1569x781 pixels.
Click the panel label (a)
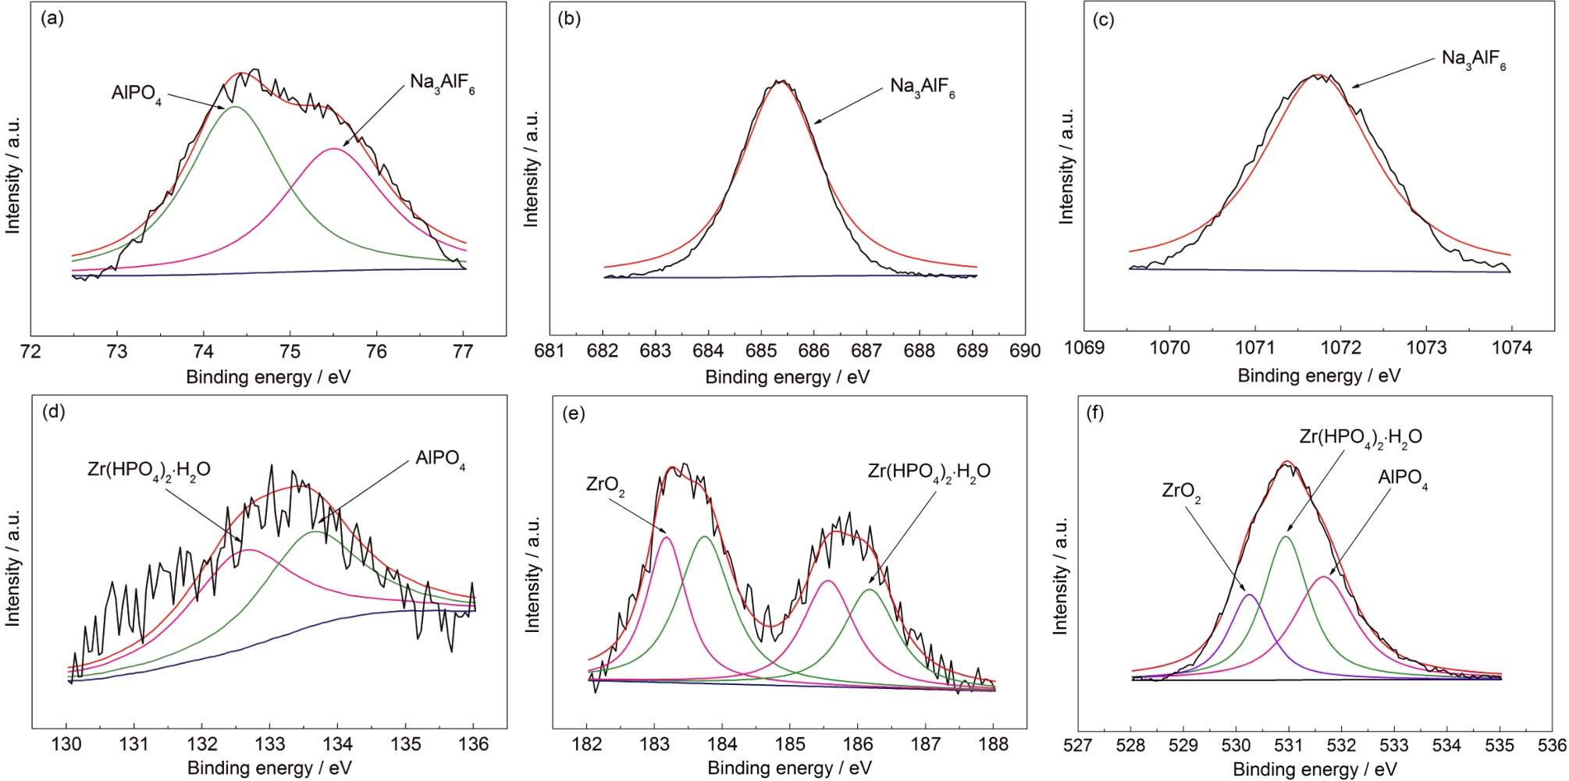click(x=52, y=19)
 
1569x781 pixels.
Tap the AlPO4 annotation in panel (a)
click(x=137, y=94)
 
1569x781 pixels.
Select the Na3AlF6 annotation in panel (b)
click(x=922, y=88)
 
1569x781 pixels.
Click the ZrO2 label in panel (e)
click(x=605, y=486)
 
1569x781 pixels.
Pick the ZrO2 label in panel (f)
click(x=1181, y=492)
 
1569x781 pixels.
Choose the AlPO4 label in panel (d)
click(x=440, y=459)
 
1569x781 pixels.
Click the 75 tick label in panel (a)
click(x=290, y=352)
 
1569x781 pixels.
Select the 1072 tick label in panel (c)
click(x=1341, y=348)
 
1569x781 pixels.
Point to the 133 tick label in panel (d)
click(x=270, y=744)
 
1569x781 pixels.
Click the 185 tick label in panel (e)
click(x=790, y=744)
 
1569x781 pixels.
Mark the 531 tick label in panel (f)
click(x=1289, y=744)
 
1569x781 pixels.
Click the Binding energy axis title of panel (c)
click(x=1318, y=376)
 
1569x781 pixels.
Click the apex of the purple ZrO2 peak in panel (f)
click(x=1249, y=595)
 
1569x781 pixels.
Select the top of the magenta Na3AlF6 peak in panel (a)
click(x=334, y=148)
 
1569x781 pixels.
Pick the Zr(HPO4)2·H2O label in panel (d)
click(x=149, y=470)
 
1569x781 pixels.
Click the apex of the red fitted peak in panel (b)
click(x=781, y=81)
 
